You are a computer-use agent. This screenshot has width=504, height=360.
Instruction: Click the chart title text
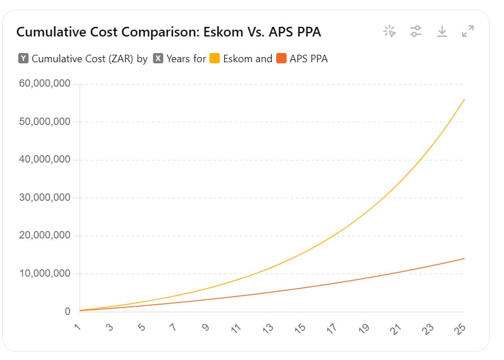pyautogui.click(x=168, y=32)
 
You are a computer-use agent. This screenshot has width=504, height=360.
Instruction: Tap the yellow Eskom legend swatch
pyautogui.click(x=215, y=58)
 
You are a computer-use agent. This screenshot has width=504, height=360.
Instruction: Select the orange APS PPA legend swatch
pyautogui.click(x=281, y=58)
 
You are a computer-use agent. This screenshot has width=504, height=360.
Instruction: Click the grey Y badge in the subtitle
pyautogui.click(x=23, y=58)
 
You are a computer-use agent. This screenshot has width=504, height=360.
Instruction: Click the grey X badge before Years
pyautogui.click(x=158, y=58)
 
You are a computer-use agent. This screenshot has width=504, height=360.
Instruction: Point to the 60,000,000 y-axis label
pyautogui.click(x=44, y=84)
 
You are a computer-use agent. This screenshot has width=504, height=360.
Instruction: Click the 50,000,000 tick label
pyautogui.click(x=44, y=122)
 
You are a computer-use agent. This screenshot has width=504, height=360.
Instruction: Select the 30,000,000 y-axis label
pyautogui.click(x=44, y=198)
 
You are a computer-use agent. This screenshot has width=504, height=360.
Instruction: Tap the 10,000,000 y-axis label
pyautogui.click(x=44, y=274)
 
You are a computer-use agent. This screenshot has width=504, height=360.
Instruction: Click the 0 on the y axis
pyautogui.click(x=67, y=312)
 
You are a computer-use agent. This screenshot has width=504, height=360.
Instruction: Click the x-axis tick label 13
pyautogui.click(x=268, y=329)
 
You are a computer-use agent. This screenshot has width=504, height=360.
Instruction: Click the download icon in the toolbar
pyautogui.click(x=442, y=31)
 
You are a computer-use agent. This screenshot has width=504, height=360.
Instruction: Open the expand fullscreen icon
pyautogui.click(x=468, y=31)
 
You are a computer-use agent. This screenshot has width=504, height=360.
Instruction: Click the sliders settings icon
pyautogui.click(x=416, y=31)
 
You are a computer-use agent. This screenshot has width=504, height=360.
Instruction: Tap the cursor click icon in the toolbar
pyautogui.click(x=390, y=31)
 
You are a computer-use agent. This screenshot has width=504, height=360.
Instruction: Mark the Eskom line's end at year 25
pyautogui.click(x=465, y=99)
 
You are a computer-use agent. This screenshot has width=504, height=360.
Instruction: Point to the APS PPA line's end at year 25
pyautogui.click(x=465, y=258)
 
